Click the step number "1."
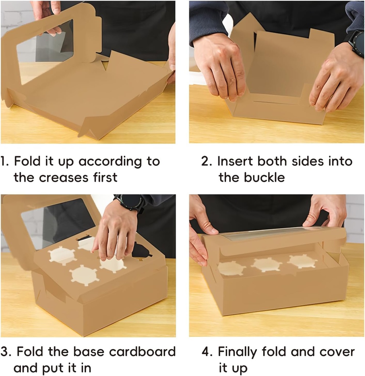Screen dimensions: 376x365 point(5,162)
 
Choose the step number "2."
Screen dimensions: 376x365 point(207,162)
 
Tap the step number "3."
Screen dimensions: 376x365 point(7,352)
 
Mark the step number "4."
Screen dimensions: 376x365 point(208,352)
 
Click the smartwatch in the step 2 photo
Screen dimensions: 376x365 point(356,43)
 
